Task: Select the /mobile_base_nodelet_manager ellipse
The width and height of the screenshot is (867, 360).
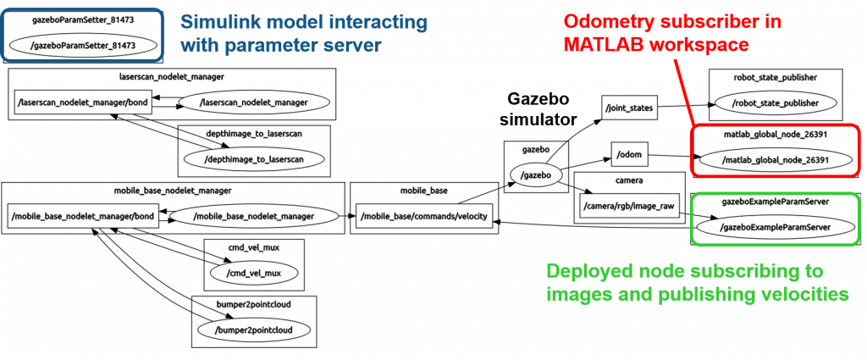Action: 254,217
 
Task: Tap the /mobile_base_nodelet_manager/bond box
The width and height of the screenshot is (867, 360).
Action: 83,216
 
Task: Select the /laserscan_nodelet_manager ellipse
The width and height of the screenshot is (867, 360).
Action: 253,103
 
